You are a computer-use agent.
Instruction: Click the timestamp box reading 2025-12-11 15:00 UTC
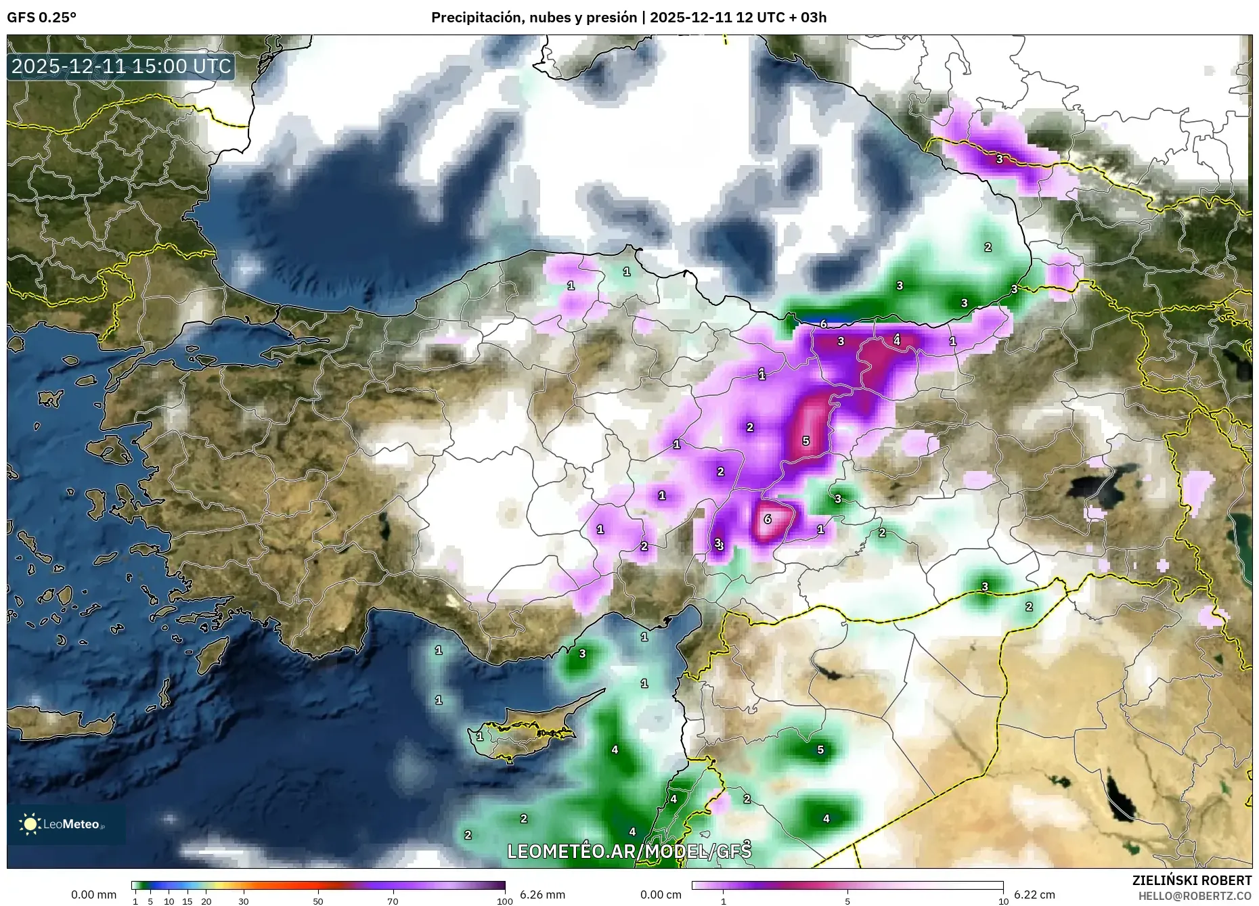click(121, 66)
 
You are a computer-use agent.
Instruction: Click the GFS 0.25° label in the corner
click(41, 18)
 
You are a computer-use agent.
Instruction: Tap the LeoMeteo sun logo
click(30, 823)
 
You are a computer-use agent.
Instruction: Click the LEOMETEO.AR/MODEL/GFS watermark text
click(629, 851)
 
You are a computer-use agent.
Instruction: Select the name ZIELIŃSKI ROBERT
click(1191, 880)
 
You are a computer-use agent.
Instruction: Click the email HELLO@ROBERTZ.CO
click(1195, 895)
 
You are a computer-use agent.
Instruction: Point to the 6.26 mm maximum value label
click(542, 894)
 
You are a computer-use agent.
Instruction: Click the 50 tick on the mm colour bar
click(318, 901)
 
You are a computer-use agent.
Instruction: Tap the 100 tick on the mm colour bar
click(504, 901)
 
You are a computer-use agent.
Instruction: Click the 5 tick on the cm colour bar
click(847, 901)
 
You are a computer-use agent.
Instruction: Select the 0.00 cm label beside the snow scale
click(661, 894)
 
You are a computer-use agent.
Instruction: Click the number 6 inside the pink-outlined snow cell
click(768, 520)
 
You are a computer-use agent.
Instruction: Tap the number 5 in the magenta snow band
click(805, 441)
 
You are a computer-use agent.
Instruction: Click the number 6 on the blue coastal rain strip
click(823, 324)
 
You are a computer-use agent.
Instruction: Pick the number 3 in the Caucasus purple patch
click(999, 160)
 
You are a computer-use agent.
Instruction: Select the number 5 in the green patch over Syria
click(820, 750)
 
